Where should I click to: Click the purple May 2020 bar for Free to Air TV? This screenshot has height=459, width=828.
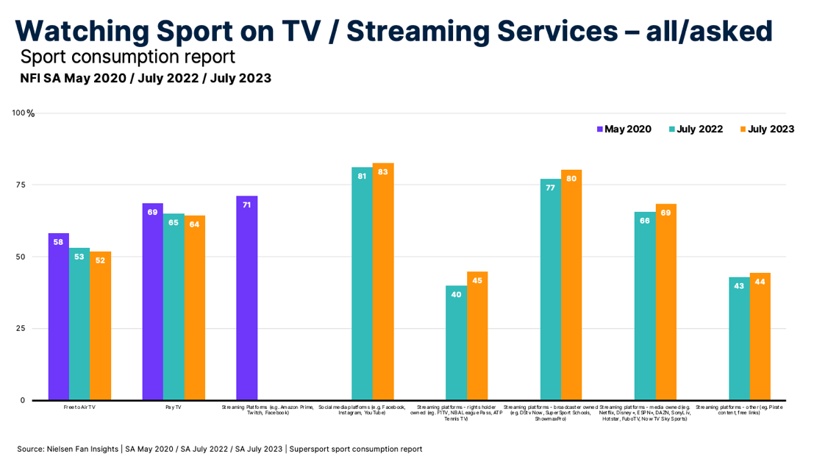click(x=58, y=316)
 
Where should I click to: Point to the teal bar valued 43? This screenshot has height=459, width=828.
click(x=739, y=338)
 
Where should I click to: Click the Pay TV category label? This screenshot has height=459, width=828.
click(x=174, y=407)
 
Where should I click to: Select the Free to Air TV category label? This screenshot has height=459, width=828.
click(x=80, y=407)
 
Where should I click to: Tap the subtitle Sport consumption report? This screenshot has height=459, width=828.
click(x=127, y=57)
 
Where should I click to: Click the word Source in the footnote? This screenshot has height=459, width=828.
click(x=31, y=449)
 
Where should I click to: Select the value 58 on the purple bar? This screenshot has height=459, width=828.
click(x=58, y=241)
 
